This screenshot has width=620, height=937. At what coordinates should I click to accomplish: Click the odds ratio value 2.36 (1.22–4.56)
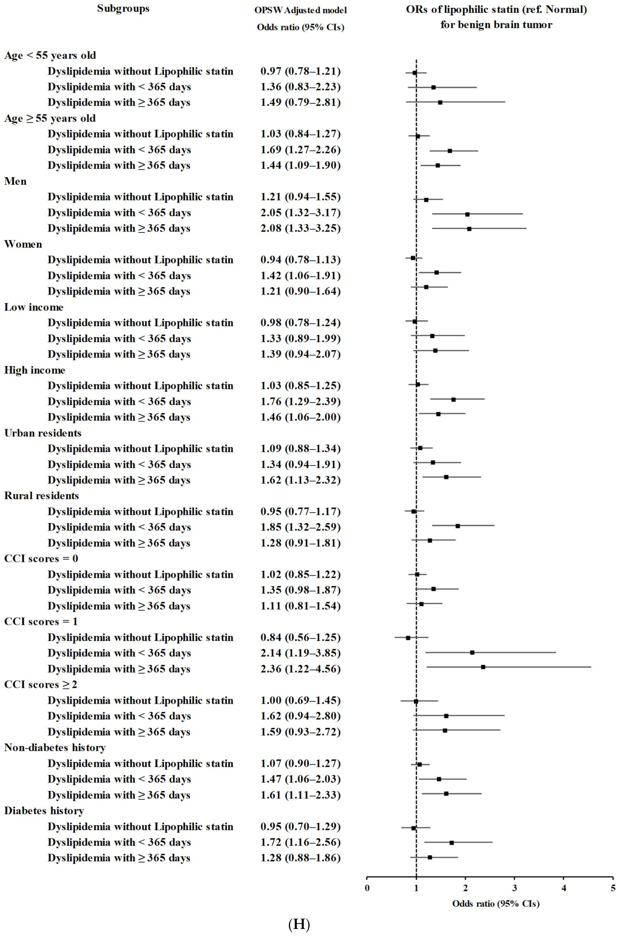point(300,669)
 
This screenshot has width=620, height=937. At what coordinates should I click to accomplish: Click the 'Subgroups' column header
point(123,9)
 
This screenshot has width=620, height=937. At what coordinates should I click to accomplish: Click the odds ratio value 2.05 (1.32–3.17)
point(300,213)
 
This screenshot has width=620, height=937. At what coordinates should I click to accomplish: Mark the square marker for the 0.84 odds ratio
point(408,638)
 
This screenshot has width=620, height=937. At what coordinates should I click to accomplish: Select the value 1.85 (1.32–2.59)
point(300,527)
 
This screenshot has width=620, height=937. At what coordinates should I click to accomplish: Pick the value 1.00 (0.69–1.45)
point(300,700)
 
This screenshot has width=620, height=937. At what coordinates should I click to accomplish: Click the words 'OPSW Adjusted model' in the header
point(300,11)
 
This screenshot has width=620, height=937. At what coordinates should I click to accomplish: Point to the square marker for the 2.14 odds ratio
point(472,652)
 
